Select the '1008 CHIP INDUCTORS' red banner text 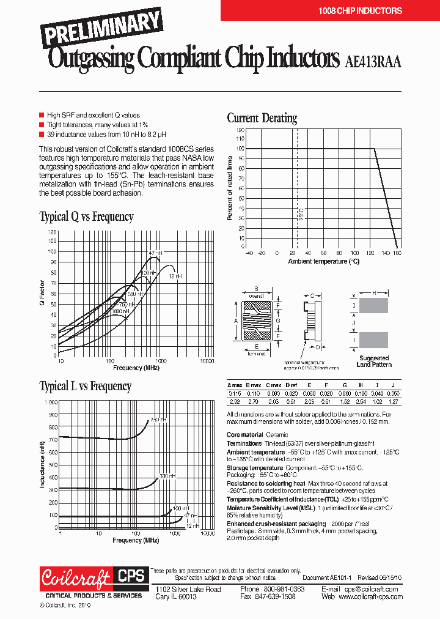click(x=360, y=11)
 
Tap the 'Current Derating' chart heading click(x=262, y=118)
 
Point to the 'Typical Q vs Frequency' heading click(x=86, y=217)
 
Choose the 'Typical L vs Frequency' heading click(x=85, y=387)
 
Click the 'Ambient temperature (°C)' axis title click(x=324, y=261)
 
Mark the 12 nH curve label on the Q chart click(x=175, y=276)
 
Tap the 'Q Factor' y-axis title click(x=42, y=293)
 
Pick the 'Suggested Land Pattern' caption click(x=373, y=361)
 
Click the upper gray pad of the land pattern click(x=373, y=305)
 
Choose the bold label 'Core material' click(x=245, y=434)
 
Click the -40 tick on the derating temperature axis click(x=249, y=253)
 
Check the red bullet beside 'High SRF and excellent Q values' click(x=42, y=115)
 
